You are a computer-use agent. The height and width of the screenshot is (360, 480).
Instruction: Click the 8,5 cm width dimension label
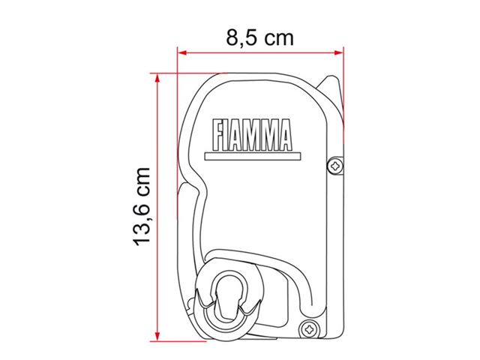pyautogui.click(x=260, y=38)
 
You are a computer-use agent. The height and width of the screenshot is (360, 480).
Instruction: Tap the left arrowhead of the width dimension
pyautogui.click(x=182, y=52)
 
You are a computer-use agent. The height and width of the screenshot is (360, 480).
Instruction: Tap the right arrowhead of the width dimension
pyautogui.click(x=339, y=52)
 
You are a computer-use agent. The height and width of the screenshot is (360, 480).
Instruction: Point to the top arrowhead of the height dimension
pyautogui.click(x=157, y=78)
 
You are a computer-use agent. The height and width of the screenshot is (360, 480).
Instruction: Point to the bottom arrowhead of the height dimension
pyautogui.click(x=157, y=336)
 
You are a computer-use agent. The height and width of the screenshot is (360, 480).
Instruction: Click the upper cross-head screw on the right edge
pyautogui.click(x=335, y=166)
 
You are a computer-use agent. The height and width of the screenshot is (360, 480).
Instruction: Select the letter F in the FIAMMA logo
pyautogui.click(x=217, y=135)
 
